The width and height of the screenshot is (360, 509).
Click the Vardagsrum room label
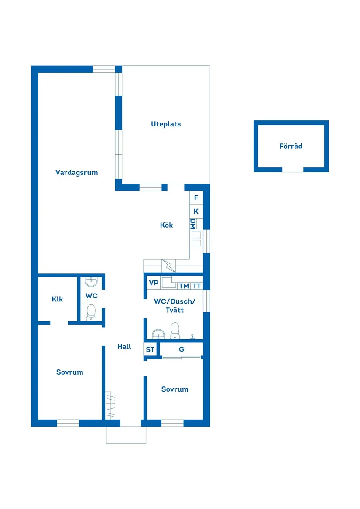coord(76,172)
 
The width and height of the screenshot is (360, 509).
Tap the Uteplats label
coord(166,124)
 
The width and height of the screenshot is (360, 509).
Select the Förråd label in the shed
coord(291,146)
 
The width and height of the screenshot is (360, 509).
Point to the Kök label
coord(166,225)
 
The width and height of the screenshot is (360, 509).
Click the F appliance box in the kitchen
coord(196,198)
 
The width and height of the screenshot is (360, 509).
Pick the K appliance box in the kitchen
coord(196,211)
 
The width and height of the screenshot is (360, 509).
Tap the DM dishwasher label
coord(193,224)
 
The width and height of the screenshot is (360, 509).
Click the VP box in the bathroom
coord(153,283)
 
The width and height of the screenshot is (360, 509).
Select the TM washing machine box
coord(184,286)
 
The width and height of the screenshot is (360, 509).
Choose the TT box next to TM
coord(197,286)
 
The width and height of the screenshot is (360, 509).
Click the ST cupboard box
coord(150,349)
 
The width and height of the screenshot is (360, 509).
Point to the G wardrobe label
coord(182,349)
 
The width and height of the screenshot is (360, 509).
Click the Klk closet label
coord(57,299)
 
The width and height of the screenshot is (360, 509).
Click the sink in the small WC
coord(91,282)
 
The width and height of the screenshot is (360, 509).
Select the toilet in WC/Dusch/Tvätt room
coord(175,330)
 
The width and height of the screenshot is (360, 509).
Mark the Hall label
coord(124,347)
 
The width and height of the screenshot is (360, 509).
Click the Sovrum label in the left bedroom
coord(69,372)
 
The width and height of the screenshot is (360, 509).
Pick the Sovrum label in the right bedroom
coord(175,389)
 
